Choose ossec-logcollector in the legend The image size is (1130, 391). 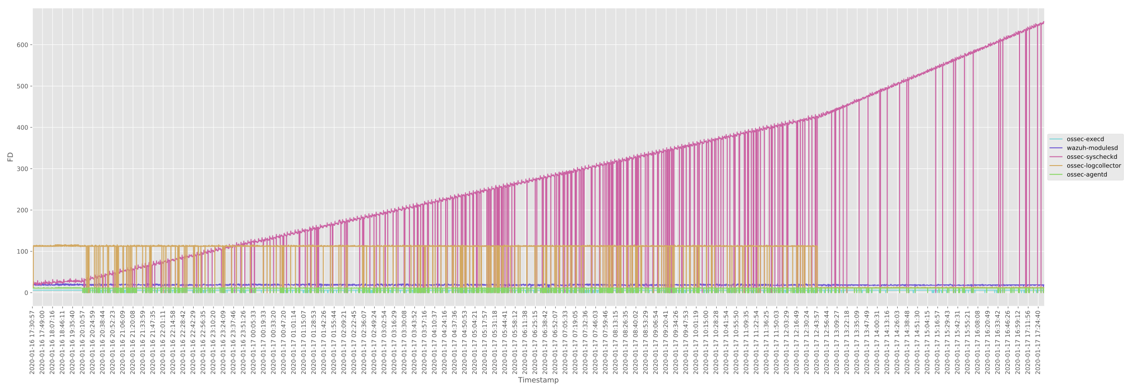[x=1094, y=166]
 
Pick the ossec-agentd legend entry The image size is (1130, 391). [x=1087, y=174]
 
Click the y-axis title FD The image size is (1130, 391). [x=10, y=156]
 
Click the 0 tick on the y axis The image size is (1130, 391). [x=26, y=293]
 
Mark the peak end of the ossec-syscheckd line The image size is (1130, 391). [x=1044, y=22]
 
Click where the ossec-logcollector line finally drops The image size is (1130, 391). [x=817, y=247]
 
